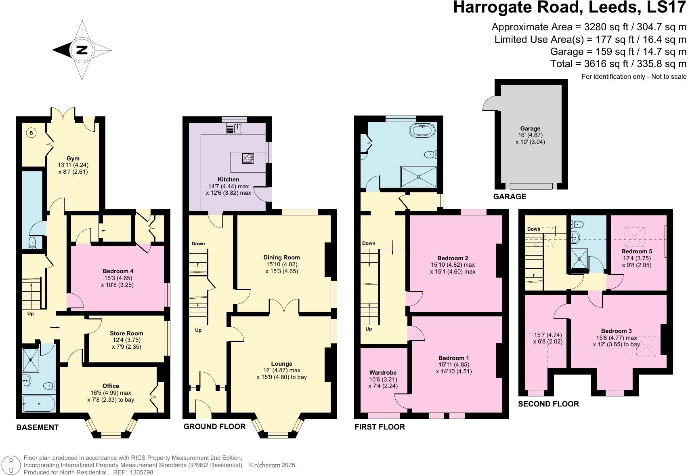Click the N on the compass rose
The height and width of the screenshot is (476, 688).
[82, 50]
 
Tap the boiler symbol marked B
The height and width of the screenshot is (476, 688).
[31, 133]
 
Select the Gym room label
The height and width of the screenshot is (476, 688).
[73, 158]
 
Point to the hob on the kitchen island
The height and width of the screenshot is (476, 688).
[248, 158]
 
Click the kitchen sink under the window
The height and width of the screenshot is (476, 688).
[234, 128]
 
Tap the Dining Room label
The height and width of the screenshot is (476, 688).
[281, 257]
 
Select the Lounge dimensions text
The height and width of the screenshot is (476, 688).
[281, 374]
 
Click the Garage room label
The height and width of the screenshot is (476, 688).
[530, 128]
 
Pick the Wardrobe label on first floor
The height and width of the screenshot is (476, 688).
[383, 373]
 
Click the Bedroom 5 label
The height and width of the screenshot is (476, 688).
[637, 251]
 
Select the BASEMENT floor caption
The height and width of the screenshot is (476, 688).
[38, 428]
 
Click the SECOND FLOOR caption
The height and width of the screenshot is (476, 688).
[548, 404]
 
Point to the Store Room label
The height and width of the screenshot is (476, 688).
[126, 333]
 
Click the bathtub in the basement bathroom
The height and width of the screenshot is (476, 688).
[38, 403]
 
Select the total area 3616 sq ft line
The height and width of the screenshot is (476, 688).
[618, 63]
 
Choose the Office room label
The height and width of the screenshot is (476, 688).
[111, 386]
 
